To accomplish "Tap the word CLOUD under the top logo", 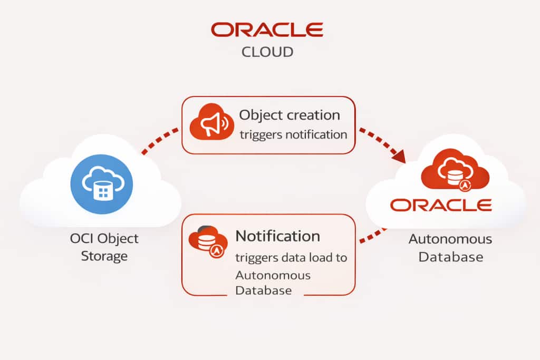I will pos(267,52).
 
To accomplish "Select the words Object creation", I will pos(290,115).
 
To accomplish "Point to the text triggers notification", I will pos(294,134).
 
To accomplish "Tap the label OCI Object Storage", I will pos(104,247).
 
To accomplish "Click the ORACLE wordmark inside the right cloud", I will pos(441,205).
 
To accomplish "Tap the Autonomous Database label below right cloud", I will pos(450,248).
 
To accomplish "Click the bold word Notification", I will pos(277,236).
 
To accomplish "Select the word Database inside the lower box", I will pos(263,290).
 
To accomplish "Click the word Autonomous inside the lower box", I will pos(273,275).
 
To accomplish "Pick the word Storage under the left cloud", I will pos(104,256).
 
